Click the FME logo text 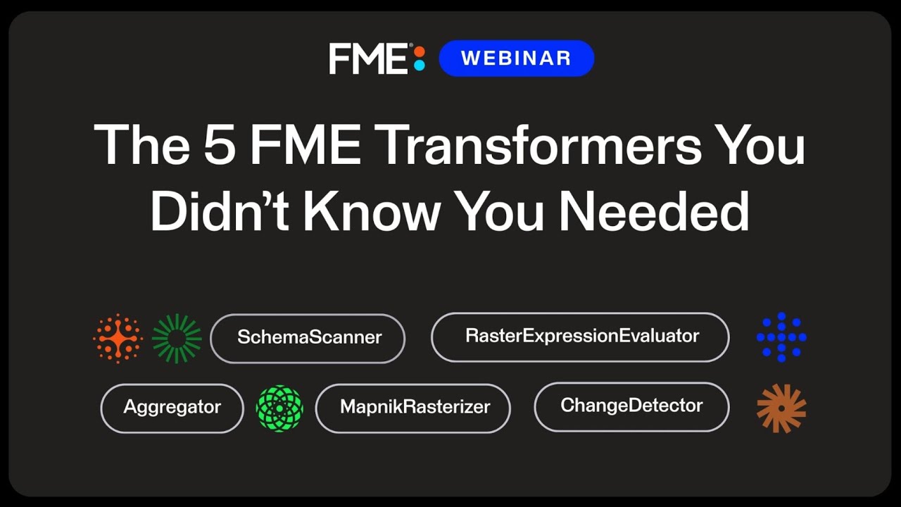click(368, 58)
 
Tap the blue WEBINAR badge click(516, 58)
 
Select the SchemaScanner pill click(308, 338)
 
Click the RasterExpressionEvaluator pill click(580, 337)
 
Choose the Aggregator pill click(172, 408)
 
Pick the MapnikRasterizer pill click(412, 408)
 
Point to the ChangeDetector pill click(631, 406)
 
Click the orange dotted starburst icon click(118, 339)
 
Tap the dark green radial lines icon click(177, 339)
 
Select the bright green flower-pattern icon click(279, 408)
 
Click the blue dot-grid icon click(781, 337)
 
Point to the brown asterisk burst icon click(781, 408)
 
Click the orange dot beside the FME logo click(420, 51)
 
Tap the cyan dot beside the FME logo click(420, 65)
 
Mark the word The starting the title click(140, 145)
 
